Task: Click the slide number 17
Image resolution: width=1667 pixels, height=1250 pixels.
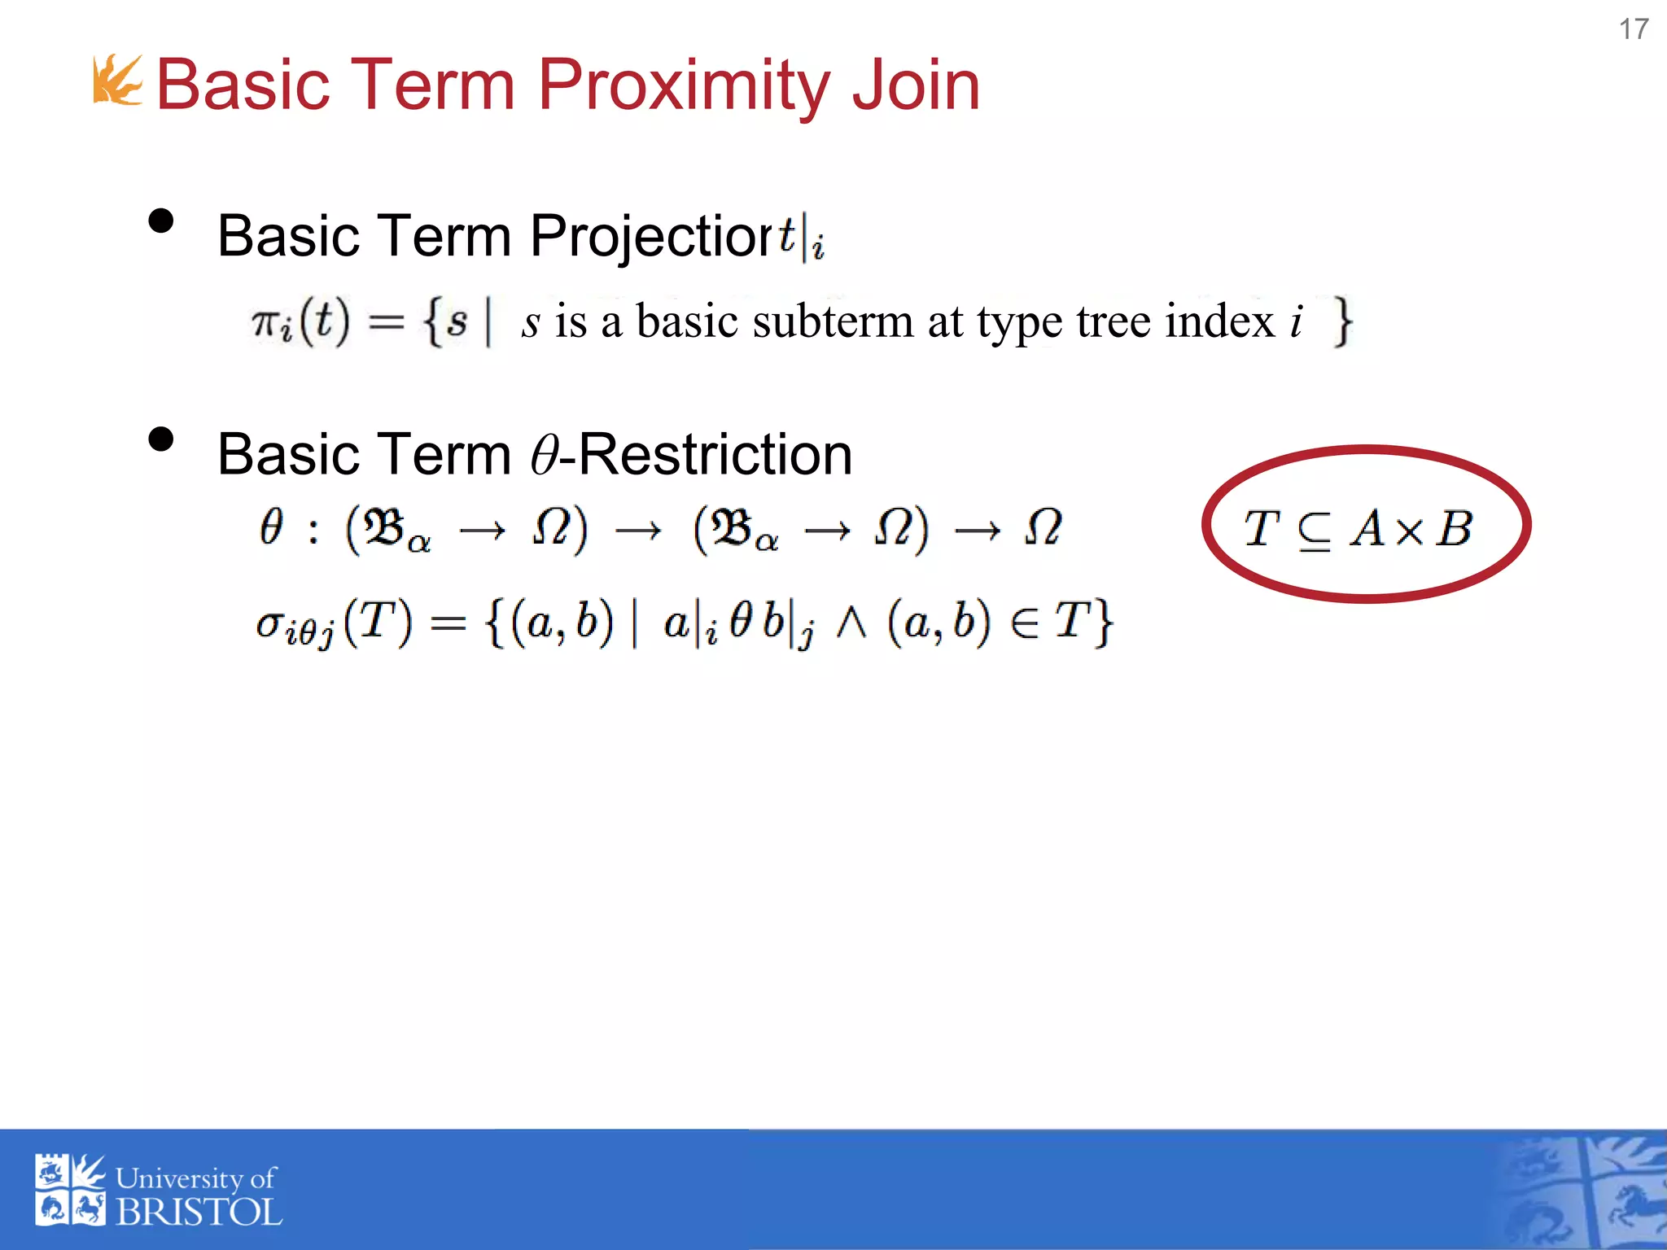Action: [1633, 29]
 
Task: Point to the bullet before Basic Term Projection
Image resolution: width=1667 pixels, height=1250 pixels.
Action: [161, 221]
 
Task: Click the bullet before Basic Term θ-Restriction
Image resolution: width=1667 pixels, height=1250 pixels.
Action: [161, 439]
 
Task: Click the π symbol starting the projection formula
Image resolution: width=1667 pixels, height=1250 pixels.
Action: [267, 322]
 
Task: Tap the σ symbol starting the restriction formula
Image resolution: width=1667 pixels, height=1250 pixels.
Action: [269, 625]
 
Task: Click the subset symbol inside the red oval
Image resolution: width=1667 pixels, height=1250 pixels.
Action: [1314, 531]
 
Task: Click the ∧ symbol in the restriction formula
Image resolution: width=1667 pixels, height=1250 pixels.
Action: [851, 625]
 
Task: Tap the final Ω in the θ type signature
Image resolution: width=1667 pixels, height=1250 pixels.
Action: [1043, 529]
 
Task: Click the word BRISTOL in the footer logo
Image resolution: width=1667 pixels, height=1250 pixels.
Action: [199, 1213]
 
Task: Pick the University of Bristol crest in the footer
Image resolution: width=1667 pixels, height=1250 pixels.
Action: [70, 1190]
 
